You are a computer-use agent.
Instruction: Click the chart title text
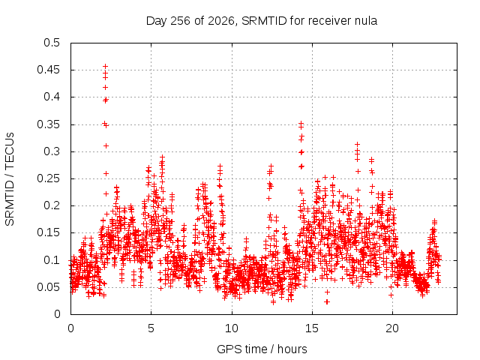click(x=262, y=21)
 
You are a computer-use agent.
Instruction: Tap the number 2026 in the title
click(x=220, y=21)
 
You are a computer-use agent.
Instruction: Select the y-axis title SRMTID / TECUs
click(x=10, y=179)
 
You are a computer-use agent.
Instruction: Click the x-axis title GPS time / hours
click(x=262, y=349)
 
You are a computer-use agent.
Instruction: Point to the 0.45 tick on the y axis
click(x=48, y=70)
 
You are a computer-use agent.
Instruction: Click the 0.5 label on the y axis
click(x=52, y=43)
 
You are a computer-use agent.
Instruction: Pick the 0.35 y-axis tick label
click(x=48, y=124)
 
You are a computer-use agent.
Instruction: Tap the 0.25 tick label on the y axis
click(x=48, y=178)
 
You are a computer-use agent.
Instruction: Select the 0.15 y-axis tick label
click(x=48, y=232)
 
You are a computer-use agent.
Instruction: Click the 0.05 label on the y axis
click(x=48, y=287)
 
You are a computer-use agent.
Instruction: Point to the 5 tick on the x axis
click(x=151, y=328)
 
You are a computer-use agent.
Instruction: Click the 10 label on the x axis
click(x=232, y=328)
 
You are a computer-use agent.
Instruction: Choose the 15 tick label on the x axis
click(x=312, y=328)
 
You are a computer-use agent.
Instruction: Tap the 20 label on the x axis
click(x=392, y=328)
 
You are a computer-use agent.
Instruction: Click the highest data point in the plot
click(x=105, y=66)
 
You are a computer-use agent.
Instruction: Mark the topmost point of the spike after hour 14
click(x=301, y=123)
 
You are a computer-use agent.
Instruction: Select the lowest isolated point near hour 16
click(x=327, y=301)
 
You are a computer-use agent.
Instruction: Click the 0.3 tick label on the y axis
click(x=52, y=151)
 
